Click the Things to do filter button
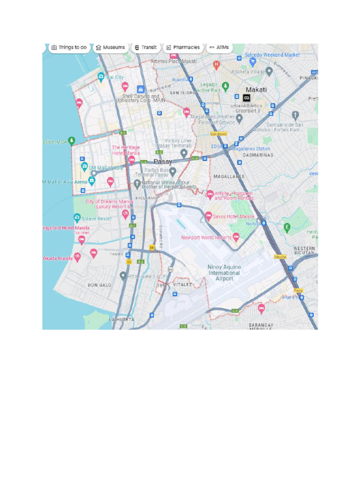click(x=69, y=47)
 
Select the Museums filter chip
click(x=111, y=47)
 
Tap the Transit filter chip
click(x=145, y=47)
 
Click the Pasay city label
click(x=163, y=162)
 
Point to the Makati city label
click(x=256, y=90)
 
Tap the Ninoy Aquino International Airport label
click(x=224, y=273)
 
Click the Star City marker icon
click(x=101, y=77)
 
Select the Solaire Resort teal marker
click(x=77, y=218)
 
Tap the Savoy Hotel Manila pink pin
click(x=209, y=216)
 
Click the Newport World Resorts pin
click(x=236, y=237)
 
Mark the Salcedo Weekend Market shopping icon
click(x=253, y=61)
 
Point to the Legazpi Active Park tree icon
click(x=225, y=86)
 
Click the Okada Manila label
click(x=58, y=258)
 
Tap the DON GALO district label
click(x=99, y=285)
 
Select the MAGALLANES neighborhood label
click(x=229, y=177)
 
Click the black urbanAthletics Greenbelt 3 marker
click(x=247, y=98)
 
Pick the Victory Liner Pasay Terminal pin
click(x=184, y=153)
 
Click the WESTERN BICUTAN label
click(x=304, y=250)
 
